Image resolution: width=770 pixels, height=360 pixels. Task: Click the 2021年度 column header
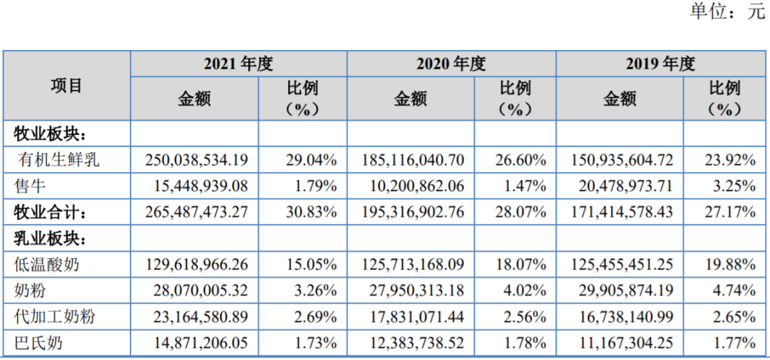(x=238, y=64)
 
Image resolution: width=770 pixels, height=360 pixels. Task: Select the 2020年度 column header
(x=451, y=64)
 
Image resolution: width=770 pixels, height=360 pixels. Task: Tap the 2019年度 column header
(x=661, y=64)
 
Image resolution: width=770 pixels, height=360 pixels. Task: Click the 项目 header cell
(x=66, y=86)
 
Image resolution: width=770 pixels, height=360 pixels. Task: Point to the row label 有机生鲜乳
(x=58, y=159)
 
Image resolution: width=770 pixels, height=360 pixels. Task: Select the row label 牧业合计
(x=51, y=212)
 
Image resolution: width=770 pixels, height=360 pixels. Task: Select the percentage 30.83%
(x=312, y=212)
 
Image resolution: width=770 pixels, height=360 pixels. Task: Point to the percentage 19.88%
(x=730, y=264)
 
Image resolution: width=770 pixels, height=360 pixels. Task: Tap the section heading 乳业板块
(x=51, y=239)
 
